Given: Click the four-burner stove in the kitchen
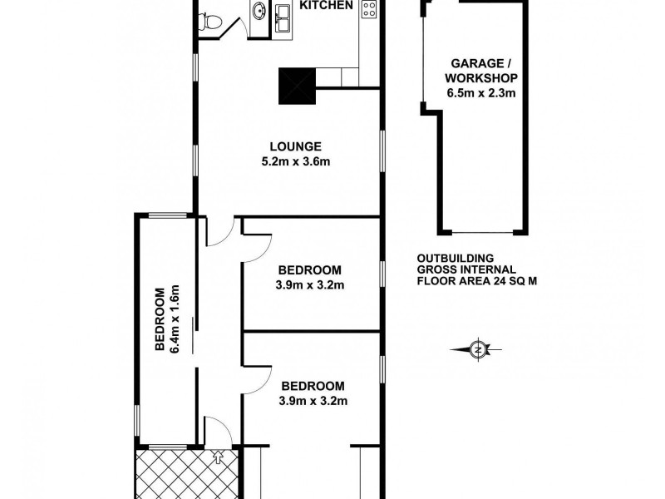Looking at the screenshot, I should click(369, 11).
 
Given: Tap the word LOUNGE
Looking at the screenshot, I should click(289, 146).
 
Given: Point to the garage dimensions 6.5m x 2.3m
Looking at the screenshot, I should click(482, 93).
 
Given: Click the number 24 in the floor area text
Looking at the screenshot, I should click(505, 281).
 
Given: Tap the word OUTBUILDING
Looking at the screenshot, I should click(456, 258).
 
